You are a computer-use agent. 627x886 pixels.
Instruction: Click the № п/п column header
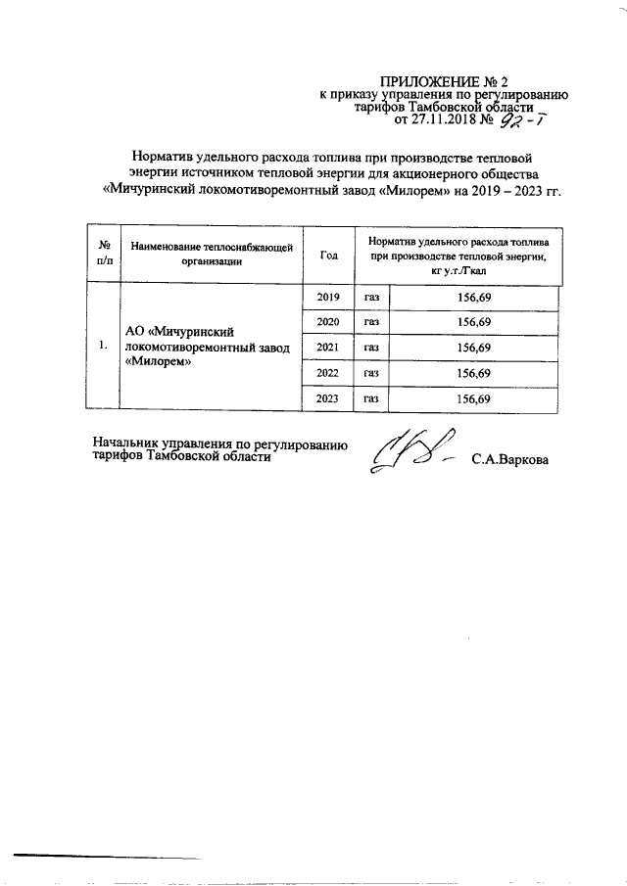tap(103, 254)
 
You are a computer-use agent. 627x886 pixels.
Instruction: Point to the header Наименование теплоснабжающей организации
tap(212, 255)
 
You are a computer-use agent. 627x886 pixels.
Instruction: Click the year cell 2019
tap(328, 296)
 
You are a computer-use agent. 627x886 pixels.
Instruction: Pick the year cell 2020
tap(328, 321)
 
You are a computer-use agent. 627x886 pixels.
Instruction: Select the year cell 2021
tap(328, 347)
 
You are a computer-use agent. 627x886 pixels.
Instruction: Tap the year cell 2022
tap(328, 373)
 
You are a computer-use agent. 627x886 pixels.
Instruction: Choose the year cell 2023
tap(328, 398)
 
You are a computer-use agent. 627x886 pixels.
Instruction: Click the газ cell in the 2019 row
tap(371, 296)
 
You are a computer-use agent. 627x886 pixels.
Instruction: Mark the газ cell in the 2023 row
tap(371, 398)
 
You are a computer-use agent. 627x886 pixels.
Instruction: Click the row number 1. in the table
tap(103, 347)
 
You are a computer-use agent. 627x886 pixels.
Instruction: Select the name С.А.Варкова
tap(509, 458)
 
